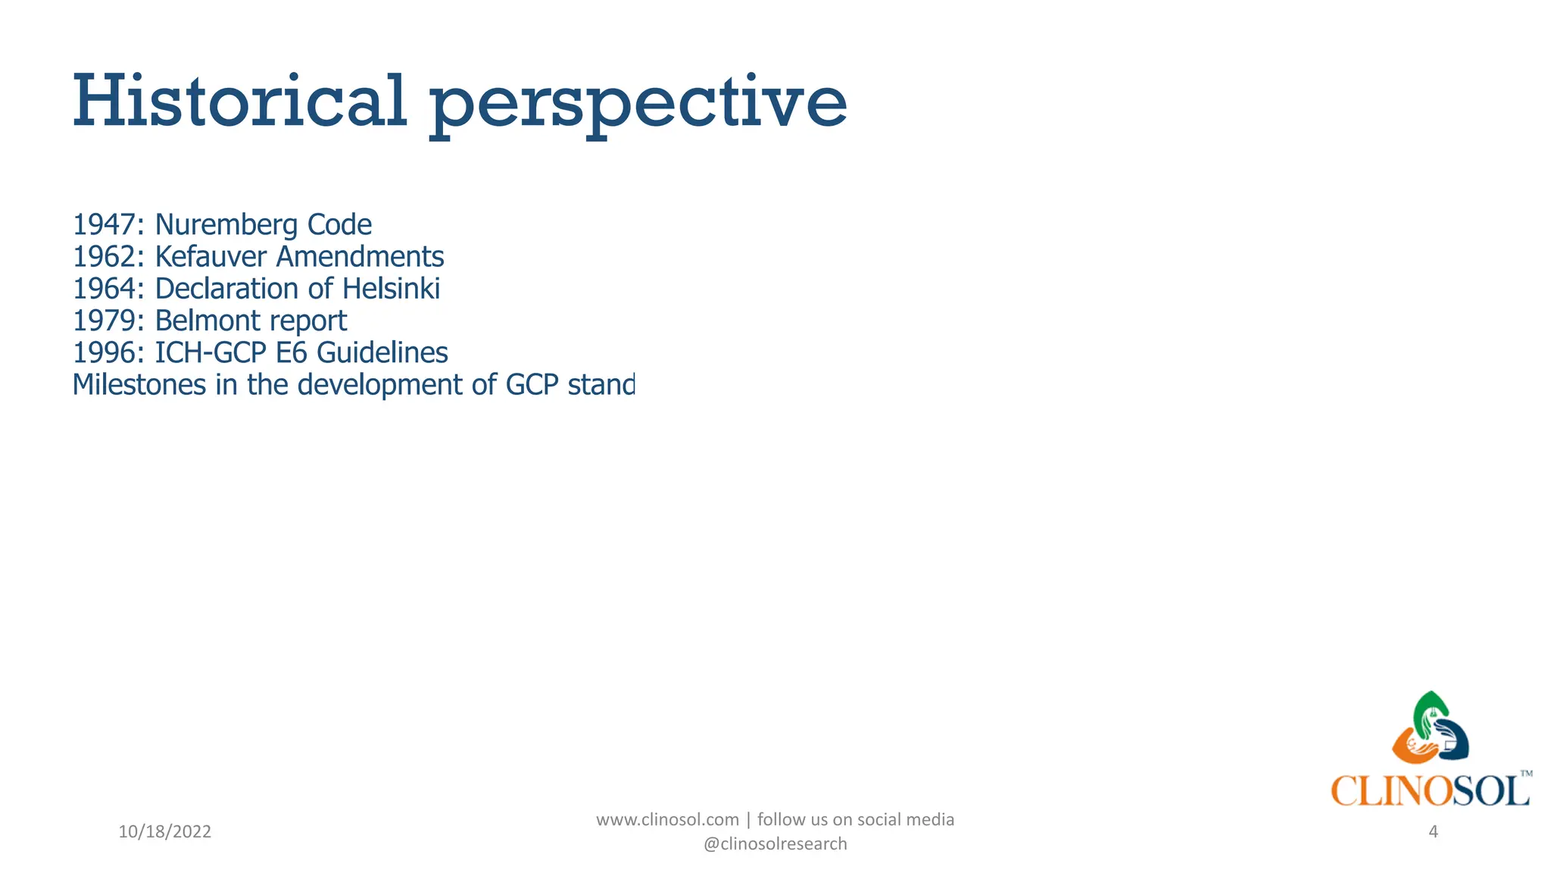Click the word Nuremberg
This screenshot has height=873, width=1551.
pyautogui.click(x=226, y=225)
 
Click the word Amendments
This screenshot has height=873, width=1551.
pyautogui.click(x=360, y=257)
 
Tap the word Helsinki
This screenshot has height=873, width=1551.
pyautogui.click(x=391, y=289)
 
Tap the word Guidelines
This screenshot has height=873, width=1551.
pyautogui.click(x=382, y=353)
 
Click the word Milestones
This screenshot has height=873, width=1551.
pyautogui.click(x=139, y=385)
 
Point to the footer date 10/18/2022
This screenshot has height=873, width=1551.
pyautogui.click(x=165, y=832)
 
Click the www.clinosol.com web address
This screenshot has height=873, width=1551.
pyautogui.click(x=667, y=820)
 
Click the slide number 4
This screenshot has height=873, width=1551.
pyautogui.click(x=1433, y=832)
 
